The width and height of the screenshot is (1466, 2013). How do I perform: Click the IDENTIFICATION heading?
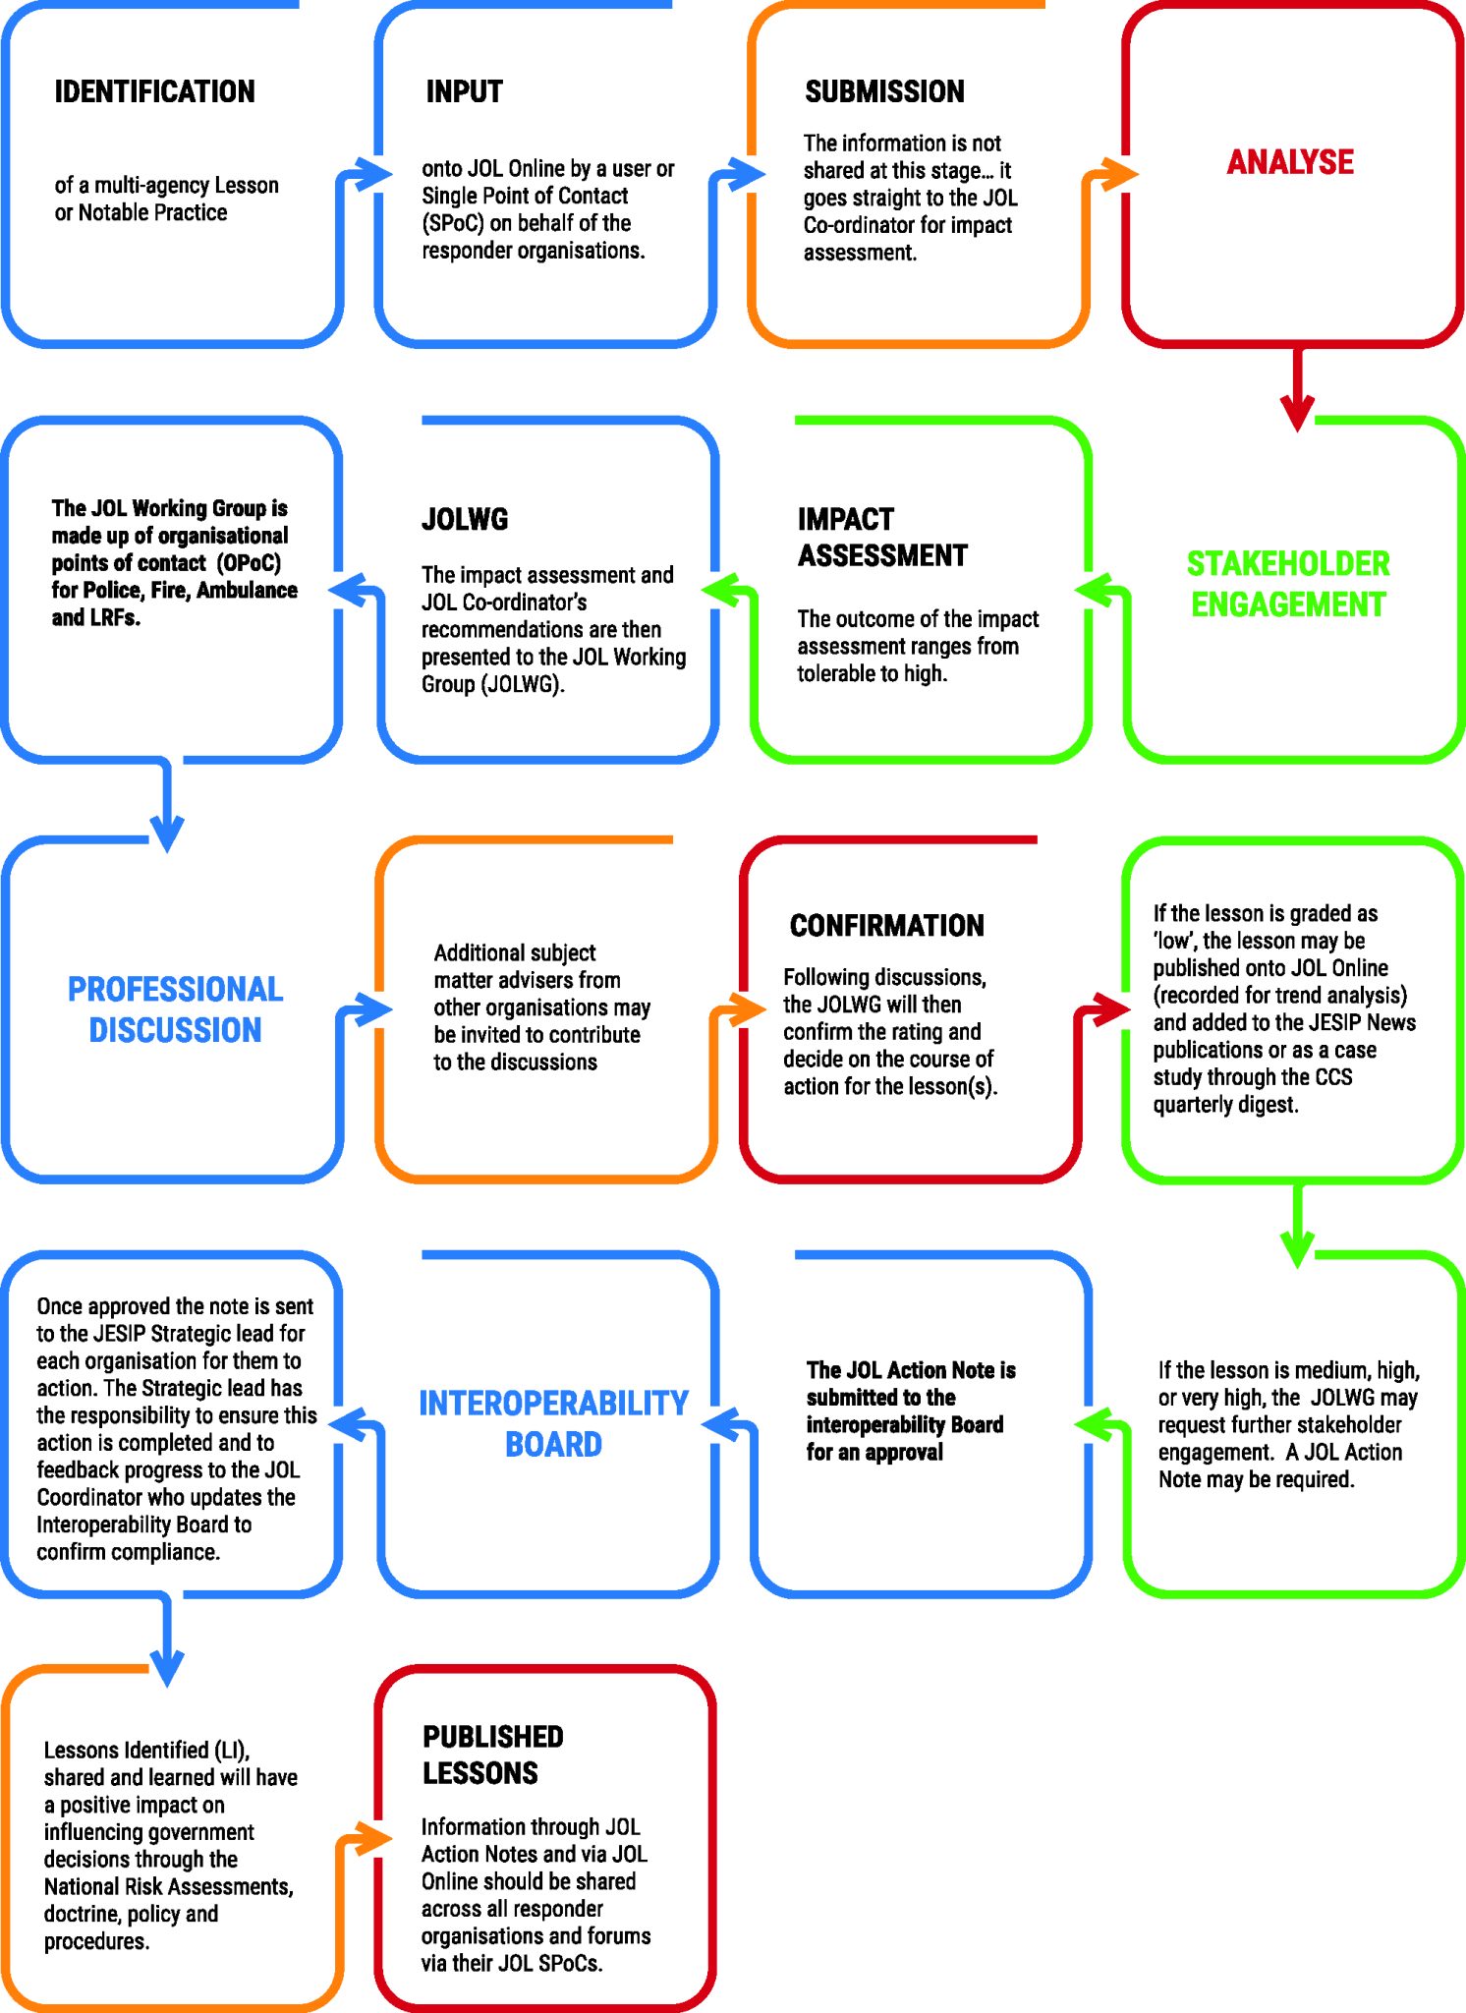tap(154, 91)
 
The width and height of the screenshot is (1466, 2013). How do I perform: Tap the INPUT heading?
tap(464, 91)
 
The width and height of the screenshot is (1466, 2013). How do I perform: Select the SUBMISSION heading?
tap(884, 91)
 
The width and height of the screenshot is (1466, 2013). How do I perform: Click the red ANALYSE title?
tap(1290, 162)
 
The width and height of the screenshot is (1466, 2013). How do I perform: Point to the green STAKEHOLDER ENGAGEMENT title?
tap(1288, 584)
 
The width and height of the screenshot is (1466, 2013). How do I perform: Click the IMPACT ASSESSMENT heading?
tap(881, 538)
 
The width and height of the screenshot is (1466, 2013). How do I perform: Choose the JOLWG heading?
tap(465, 519)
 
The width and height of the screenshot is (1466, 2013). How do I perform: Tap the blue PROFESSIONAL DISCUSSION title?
tap(175, 1009)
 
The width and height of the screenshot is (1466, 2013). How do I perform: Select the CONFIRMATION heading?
tap(886, 925)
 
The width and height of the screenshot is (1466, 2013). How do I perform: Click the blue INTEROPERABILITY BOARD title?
tap(553, 1423)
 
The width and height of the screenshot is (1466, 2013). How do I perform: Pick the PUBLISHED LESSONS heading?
tap(492, 1754)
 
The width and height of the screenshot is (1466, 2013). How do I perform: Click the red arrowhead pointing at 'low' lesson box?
tap(1111, 1009)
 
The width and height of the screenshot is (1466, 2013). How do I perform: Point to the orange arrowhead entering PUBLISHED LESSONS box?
tap(372, 1838)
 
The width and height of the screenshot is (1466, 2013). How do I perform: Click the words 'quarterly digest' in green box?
tap(1225, 1105)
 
